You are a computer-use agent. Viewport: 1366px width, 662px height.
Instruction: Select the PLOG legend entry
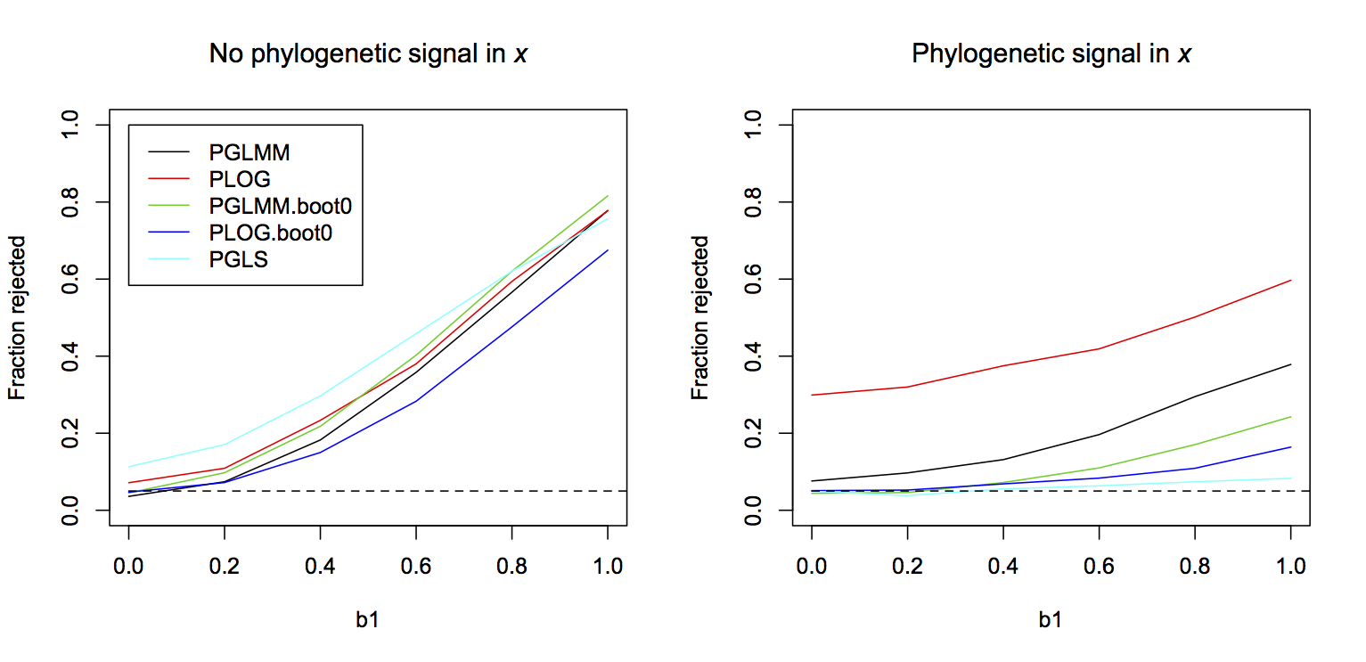click(240, 180)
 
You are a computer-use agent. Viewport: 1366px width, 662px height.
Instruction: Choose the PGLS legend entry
click(239, 260)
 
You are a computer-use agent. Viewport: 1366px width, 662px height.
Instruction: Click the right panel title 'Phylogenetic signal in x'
click(1051, 54)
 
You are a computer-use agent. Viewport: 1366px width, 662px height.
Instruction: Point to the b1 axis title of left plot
click(368, 620)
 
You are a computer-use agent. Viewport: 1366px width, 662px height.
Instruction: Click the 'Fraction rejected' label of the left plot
click(18, 317)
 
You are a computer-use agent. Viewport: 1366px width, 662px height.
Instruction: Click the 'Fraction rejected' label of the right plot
click(701, 317)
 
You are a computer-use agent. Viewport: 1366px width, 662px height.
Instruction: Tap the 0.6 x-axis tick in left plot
click(416, 565)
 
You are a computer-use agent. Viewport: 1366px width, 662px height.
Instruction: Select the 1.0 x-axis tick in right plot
click(1291, 565)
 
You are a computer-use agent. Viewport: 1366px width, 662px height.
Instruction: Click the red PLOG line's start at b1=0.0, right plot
click(812, 395)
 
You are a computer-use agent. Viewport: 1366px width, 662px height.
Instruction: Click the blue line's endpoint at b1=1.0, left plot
click(608, 250)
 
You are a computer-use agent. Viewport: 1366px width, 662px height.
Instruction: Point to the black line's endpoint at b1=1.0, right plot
click(1291, 364)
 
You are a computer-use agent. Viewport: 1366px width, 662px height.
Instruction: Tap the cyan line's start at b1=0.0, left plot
click(128, 467)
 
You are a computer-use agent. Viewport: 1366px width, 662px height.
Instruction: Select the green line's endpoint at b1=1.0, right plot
click(1291, 417)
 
